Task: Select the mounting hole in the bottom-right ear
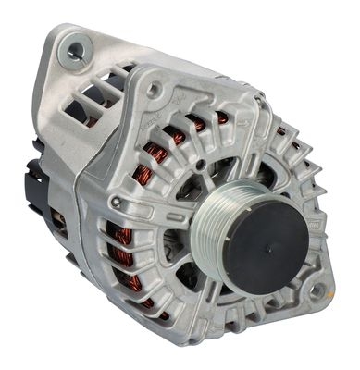(x=318, y=291)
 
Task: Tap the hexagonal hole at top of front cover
(x=155, y=88)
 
